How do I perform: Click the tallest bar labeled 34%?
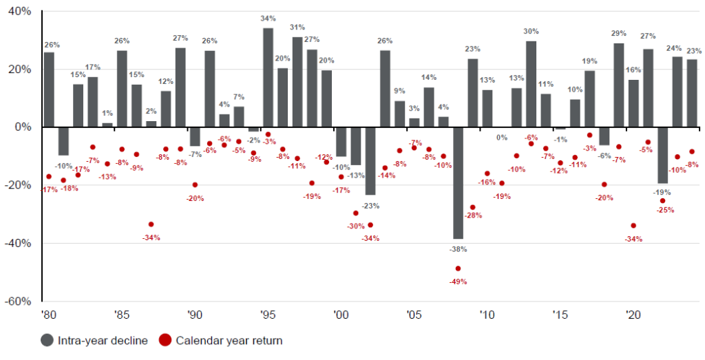pyautogui.click(x=268, y=77)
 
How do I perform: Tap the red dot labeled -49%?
pyautogui.click(x=458, y=268)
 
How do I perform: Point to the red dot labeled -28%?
pyautogui.click(x=472, y=207)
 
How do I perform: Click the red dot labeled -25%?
pyautogui.click(x=662, y=201)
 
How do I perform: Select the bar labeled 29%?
pyautogui.click(x=618, y=85)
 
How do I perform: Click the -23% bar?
pyautogui.click(x=370, y=161)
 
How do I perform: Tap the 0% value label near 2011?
pyautogui.click(x=502, y=138)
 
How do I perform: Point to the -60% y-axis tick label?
pyautogui.click(x=18, y=301)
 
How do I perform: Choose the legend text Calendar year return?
pyautogui.click(x=229, y=340)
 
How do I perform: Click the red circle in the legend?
pyautogui.click(x=166, y=340)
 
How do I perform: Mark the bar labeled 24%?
pyautogui.click(x=677, y=92)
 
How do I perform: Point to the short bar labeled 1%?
pyautogui.click(x=107, y=125)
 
